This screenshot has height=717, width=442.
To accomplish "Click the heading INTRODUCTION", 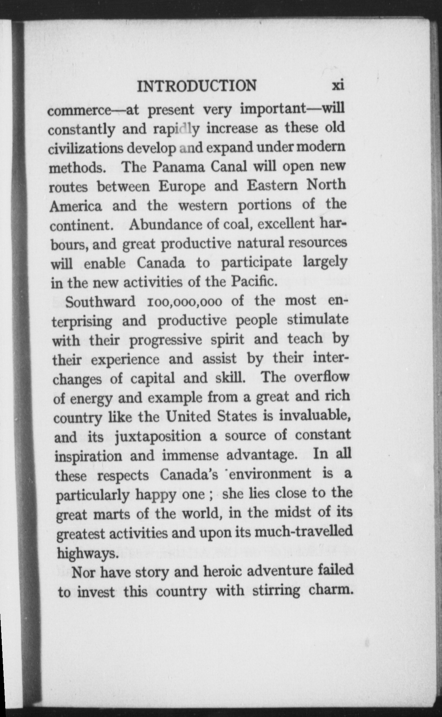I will click(197, 86).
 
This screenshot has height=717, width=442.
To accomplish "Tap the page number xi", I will click(338, 85).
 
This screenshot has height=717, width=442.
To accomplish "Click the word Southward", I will click(101, 302).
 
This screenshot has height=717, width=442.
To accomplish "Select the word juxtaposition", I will click(158, 437).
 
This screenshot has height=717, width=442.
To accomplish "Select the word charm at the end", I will click(329, 590).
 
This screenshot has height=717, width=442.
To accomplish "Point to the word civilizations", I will click(85, 149).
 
